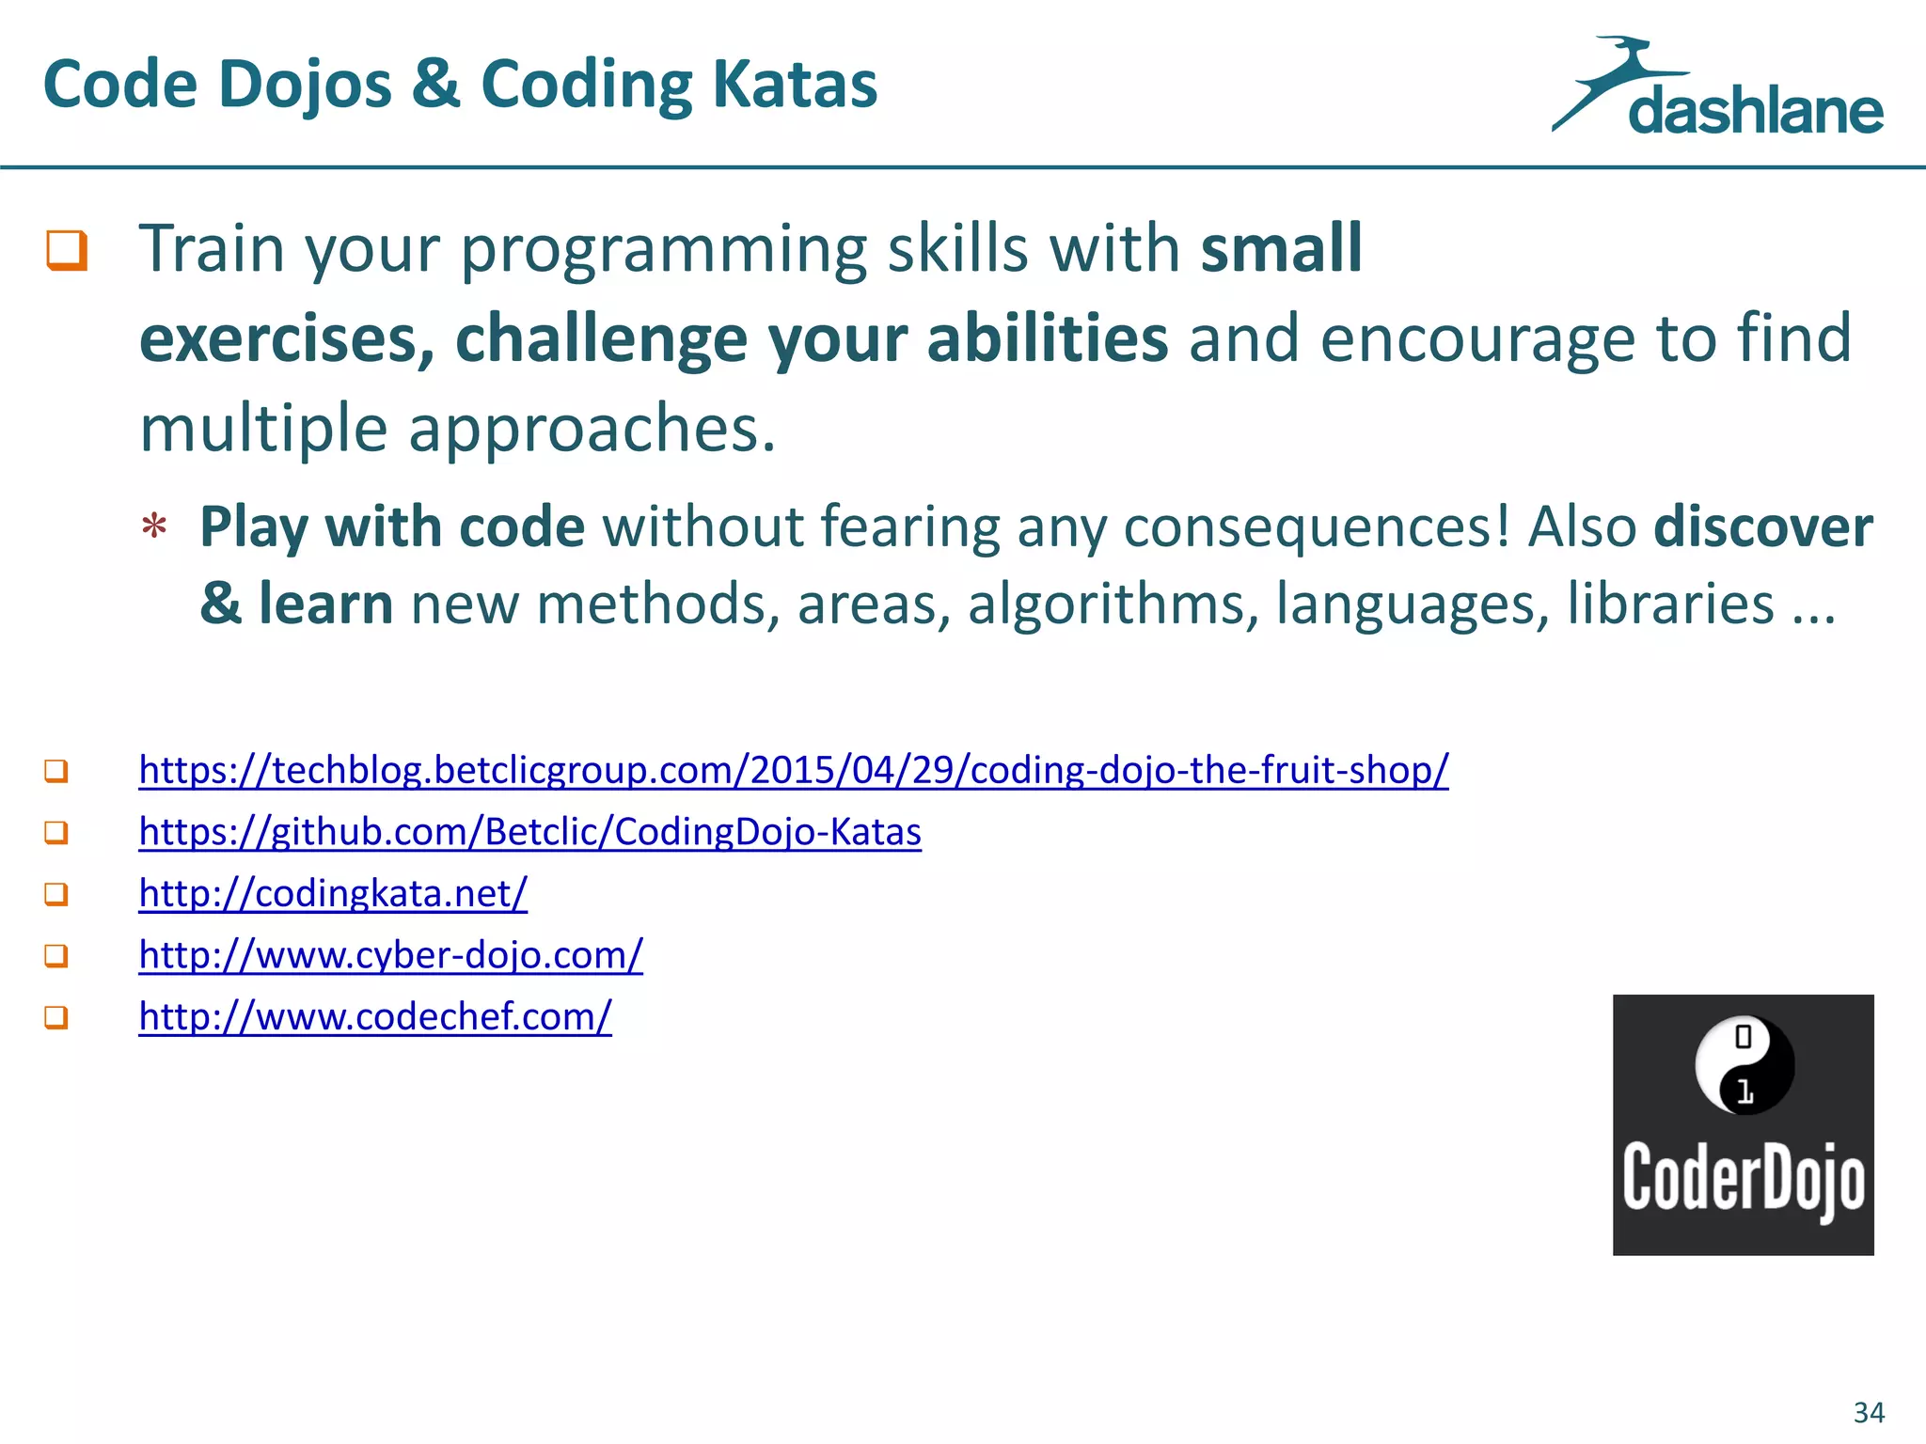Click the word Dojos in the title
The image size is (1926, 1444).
[x=305, y=86]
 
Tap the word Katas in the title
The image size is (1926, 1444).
[x=795, y=86]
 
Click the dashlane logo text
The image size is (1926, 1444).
[x=1755, y=112]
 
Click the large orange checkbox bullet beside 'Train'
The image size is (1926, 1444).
[x=67, y=250]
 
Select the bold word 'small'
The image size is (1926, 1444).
[x=1281, y=248]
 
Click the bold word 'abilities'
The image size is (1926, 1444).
[x=1047, y=337]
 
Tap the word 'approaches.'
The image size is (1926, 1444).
[x=592, y=428]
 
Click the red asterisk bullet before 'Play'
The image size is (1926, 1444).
[x=154, y=527]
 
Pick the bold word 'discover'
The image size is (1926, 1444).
[x=1762, y=526]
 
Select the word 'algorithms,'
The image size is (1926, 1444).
[x=1113, y=604]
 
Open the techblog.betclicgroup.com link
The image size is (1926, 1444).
[x=793, y=770]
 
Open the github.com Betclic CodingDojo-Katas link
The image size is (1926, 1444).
[x=529, y=832]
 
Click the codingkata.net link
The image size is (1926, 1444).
[x=333, y=893]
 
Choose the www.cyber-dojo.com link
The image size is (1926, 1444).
[x=390, y=955]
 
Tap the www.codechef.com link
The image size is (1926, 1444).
[x=375, y=1016]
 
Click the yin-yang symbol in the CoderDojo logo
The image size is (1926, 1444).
[x=1744, y=1065]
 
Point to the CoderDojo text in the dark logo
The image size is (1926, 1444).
[x=1744, y=1178]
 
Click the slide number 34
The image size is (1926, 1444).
[x=1869, y=1412]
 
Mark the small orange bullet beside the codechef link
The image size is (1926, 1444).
[x=56, y=1017]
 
